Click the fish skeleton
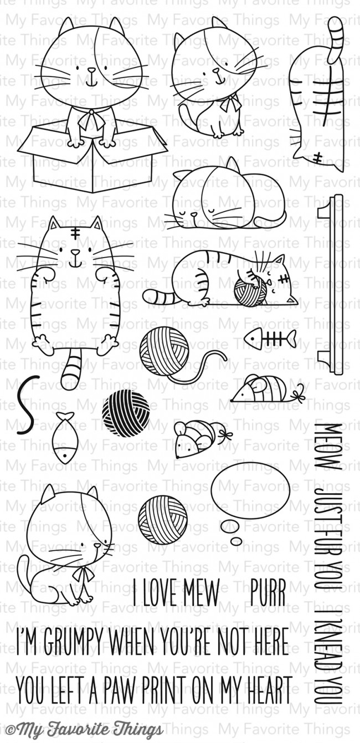click(x=270, y=339)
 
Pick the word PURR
click(x=268, y=592)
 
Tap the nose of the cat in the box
click(x=91, y=70)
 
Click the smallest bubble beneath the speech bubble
click(x=236, y=542)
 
